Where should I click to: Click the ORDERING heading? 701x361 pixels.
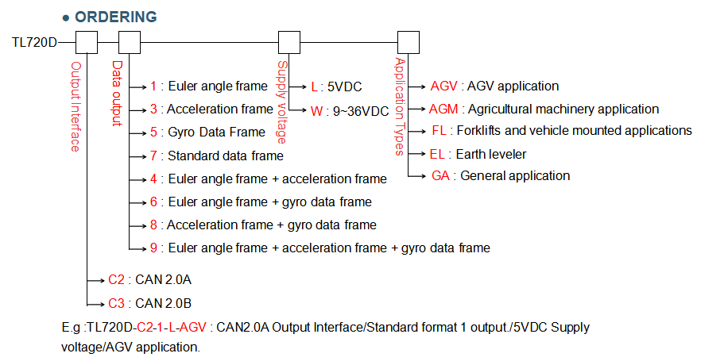[114, 17]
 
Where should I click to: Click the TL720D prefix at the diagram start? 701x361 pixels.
[34, 42]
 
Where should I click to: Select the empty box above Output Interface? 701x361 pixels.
[86, 42]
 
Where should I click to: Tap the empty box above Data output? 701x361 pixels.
[129, 42]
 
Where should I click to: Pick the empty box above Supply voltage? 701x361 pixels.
[289, 42]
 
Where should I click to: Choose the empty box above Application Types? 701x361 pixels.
[409, 42]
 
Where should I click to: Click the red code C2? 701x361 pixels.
[117, 281]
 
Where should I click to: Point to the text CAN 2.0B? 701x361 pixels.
[163, 303]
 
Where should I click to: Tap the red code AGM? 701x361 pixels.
[443, 109]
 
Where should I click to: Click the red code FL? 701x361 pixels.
[439, 131]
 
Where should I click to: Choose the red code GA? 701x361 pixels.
[440, 176]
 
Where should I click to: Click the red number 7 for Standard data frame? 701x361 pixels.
[153, 156]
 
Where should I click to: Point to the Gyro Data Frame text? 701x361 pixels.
[217, 132]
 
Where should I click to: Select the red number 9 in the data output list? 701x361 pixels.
[153, 248]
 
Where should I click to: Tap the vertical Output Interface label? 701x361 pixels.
[76, 106]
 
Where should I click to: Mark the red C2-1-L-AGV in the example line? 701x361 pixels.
[172, 327]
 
